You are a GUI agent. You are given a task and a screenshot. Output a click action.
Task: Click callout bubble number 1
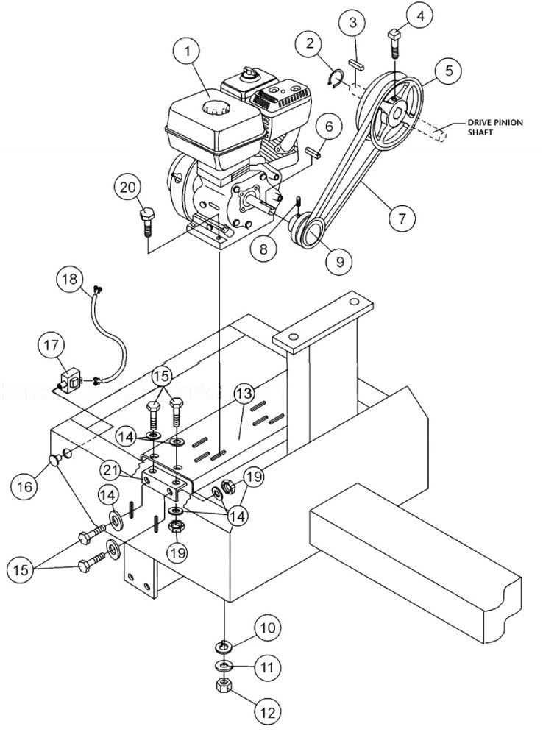188,52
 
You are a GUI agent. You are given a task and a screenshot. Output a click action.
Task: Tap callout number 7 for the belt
402,218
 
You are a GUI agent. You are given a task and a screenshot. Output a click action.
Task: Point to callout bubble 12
268,712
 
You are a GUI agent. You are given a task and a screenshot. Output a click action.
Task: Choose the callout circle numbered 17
54,344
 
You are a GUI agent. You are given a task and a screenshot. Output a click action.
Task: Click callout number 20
130,188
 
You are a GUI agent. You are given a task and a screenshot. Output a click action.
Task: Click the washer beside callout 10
222,646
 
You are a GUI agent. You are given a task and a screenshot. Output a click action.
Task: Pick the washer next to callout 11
222,666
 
